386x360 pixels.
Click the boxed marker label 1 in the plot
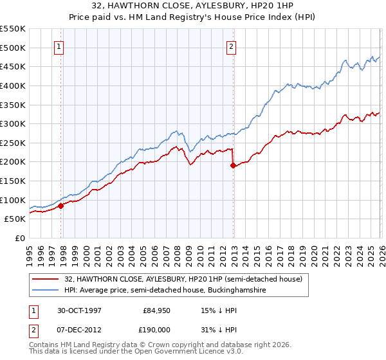coord(59,46)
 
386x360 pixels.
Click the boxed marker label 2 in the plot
coord(230,46)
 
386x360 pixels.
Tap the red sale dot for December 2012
coord(233,166)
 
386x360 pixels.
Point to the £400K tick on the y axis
coord(26,85)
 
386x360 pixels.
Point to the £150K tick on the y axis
coord(26,181)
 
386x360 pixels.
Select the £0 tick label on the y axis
coord(19,238)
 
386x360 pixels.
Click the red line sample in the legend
coord(46,279)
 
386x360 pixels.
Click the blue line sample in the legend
coord(46,291)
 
